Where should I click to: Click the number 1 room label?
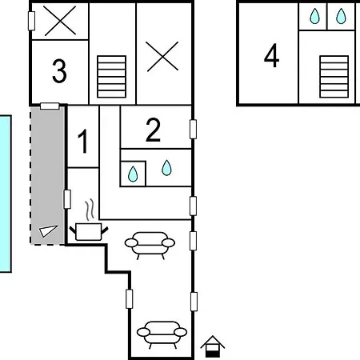pyautogui.click(x=83, y=141)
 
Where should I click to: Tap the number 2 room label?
pyautogui.click(x=153, y=130)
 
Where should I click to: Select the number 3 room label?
pyautogui.click(x=59, y=71)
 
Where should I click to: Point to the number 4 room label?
pyautogui.click(x=271, y=55)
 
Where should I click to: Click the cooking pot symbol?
pyautogui.click(x=89, y=232)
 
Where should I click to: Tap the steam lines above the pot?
pyautogui.click(x=90, y=210)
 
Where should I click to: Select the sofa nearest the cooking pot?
pyautogui.click(x=150, y=245)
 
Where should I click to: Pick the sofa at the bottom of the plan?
pyautogui.click(x=162, y=334)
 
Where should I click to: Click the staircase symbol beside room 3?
pyautogui.click(x=111, y=77)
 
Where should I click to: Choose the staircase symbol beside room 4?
pyautogui.click(x=334, y=77)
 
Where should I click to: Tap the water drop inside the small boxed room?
pyautogui.click(x=133, y=174)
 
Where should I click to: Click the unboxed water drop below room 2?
pyautogui.click(x=166, y=168)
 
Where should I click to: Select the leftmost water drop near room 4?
pyautogui.click(x=314, y=16)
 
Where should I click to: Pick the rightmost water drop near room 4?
pyautogui.click(x=341, y=16)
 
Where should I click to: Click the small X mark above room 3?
pyautogui.click(x=60, y=21)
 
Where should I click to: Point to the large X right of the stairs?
pyautogui.click(x=162, y=56)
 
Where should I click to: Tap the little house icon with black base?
pyautogui.click(x=213, y=346)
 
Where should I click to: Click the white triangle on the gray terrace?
pyautogui.click(x=48, y=231)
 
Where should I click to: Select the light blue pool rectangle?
pyautogui.click(x=6, y=194)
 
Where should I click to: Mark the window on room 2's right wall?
pyautogui.click(x=193, y=130)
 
